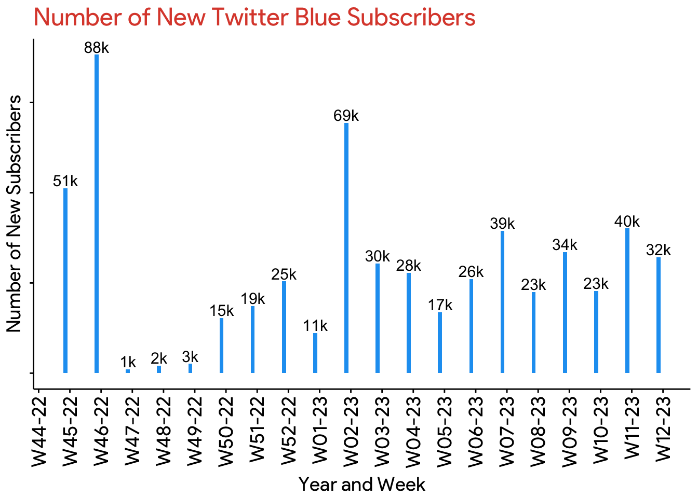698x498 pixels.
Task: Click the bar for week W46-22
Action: click(97, 213)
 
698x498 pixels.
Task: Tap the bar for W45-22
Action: click(65, 280)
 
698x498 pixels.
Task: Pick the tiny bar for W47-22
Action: click(128, 371)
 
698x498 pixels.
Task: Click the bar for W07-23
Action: click(502, 301)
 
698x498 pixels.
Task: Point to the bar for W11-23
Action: click(627, 300)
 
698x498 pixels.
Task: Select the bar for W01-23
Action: click(315, 353)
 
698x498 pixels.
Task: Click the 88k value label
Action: click(97, 48)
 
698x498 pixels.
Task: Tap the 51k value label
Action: click(65, 182)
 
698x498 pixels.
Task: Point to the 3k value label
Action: click(190, 357)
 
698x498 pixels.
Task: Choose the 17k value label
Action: click(440, 306)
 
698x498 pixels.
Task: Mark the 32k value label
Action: click(659, 251)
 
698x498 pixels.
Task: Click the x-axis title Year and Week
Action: click(362, 485)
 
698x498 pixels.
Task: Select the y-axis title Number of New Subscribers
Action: click(14, 213)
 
